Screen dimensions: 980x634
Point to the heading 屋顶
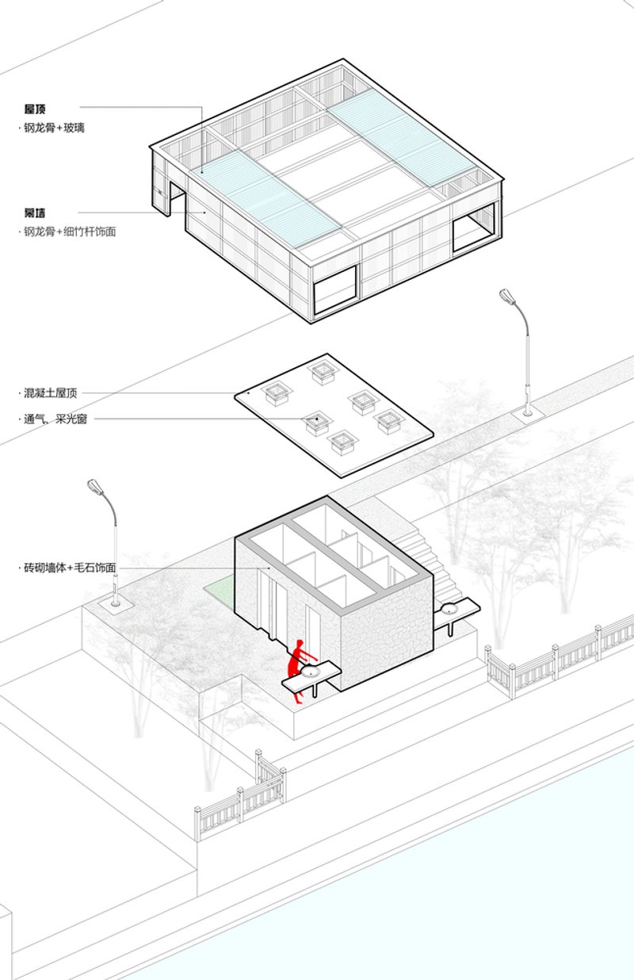coord(35,108)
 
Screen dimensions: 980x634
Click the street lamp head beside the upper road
coord(507,297)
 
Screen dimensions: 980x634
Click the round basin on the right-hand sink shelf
coord(450,609)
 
